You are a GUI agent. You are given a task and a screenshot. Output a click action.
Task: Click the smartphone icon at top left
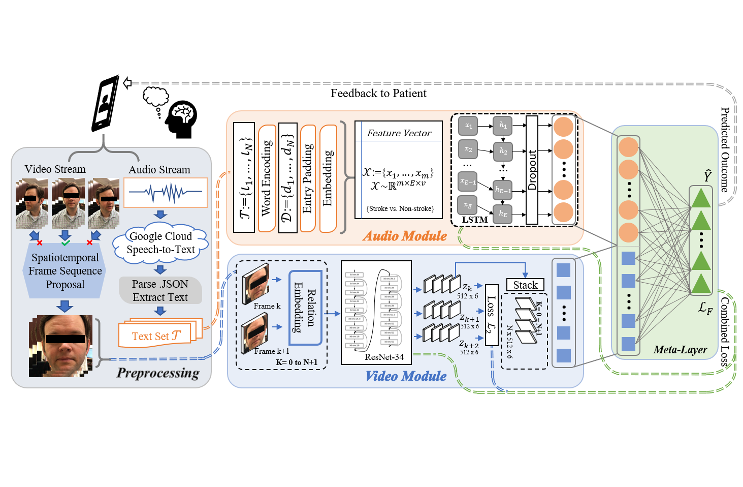point(105,104)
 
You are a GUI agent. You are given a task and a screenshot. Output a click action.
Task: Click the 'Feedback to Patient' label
point(378,93)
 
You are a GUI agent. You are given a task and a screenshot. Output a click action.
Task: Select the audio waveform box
point(166,192)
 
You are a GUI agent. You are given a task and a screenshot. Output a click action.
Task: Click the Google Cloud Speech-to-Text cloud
point(160,243)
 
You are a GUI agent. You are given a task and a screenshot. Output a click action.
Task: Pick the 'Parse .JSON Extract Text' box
point(160,290)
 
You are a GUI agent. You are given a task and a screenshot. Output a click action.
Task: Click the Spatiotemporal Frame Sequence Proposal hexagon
point(65,271)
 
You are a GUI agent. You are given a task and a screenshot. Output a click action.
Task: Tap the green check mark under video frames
point(66,243)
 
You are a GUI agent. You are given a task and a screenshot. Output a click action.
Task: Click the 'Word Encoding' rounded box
point(267,178)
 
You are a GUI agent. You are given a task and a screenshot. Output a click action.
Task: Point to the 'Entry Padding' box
point(308,178)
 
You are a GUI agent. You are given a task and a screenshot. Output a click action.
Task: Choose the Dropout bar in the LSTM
point(532,170)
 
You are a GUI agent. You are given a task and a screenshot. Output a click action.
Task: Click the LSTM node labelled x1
point(468,126)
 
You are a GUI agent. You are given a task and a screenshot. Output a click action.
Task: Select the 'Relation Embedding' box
point(305,308)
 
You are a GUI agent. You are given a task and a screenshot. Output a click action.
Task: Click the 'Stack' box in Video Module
point(525,285)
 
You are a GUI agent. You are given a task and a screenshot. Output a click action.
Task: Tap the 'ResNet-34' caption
point(384,357)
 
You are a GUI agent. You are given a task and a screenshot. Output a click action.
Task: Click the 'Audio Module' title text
point(405,236)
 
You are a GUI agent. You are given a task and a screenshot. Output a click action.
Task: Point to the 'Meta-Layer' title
point(680,350)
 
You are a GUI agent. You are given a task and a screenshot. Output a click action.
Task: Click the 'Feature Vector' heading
point(399,133)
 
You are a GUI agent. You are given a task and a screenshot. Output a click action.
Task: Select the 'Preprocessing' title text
point(158,373)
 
